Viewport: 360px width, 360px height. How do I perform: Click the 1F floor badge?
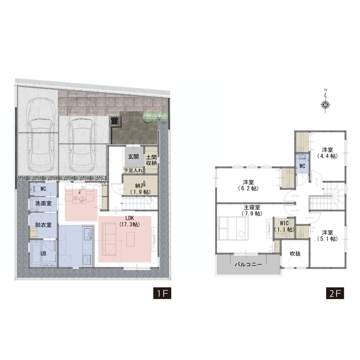coord(162,293)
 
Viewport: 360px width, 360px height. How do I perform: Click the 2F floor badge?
coord(335,293)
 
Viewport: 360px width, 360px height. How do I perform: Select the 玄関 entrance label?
coord(133,157)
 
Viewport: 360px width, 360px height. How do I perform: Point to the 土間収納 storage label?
coord(152,160)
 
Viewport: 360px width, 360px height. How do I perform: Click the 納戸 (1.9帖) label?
coord(139,189)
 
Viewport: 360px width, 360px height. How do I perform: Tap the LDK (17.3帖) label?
coord(130,221)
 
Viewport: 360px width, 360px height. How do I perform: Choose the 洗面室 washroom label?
coord(43,203)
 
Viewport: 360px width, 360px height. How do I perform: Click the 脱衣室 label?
coord(43,225)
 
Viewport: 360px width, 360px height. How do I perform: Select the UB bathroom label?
coord(43,253)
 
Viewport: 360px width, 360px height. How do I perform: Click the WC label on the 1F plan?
coord(43,189)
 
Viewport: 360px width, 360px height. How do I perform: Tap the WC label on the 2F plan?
coord(302,166)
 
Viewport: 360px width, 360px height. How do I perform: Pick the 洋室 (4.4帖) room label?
coord(328,153)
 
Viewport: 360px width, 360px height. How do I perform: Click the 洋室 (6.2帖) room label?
coord(249,185)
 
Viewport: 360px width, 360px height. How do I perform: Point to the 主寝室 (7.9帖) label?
coord(252,210)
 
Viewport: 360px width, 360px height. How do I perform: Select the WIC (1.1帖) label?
coord(284,226)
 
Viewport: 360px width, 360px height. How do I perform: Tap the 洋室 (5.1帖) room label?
coord(328,235)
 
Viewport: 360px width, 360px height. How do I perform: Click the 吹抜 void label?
coord(295,254)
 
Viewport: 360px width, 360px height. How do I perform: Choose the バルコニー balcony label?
coord(248,265)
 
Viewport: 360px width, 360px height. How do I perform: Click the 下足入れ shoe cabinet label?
coord(133,171)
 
